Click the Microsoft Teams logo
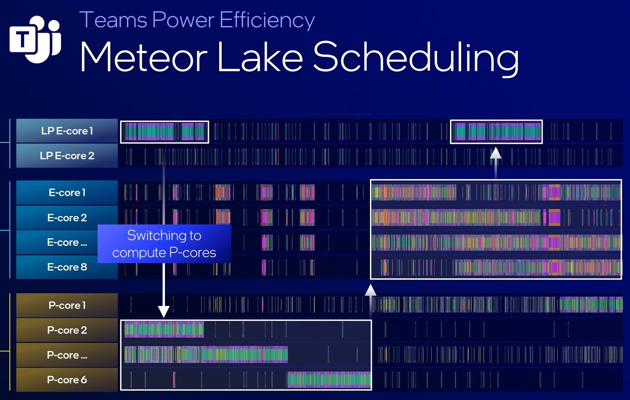(x=35, y=39)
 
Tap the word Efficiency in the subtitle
(x=267, y=20)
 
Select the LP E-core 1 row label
(x=67, y=131)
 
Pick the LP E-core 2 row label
(x=67, y=156)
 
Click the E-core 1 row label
(x=67, y=193)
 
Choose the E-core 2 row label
(x=67, y=217)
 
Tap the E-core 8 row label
(x=67, y=267)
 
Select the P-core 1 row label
(x=67, y=305)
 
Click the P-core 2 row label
(x=67, y=330)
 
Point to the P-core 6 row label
(x=67, y=380)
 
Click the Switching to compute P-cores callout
(x=164, y=244)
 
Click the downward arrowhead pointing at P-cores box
(x=164, y=311)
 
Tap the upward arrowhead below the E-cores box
(x=371, y=290)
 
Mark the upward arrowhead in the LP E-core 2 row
(x=496, y=153)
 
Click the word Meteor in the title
(x=143, y=57)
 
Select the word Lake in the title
(x=260, y=57)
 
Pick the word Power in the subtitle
(x=183, y=20)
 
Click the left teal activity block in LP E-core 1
(x=149, y=132)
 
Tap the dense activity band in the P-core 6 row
(x=329, y=380)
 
